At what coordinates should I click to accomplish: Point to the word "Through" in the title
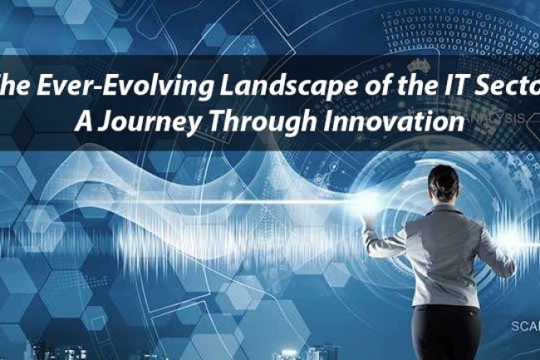(x=267, y=121)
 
